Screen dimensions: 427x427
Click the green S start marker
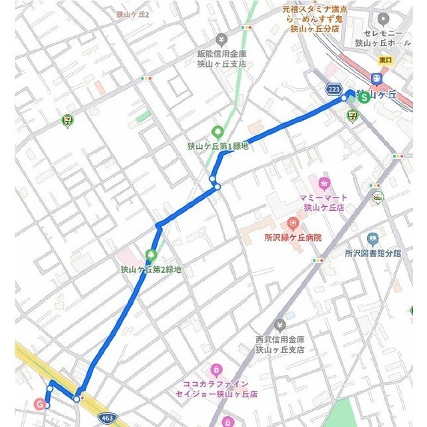[x=364, y=96]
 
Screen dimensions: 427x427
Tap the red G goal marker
[x=40, y=404]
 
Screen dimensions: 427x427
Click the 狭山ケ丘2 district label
[x=132, y=14]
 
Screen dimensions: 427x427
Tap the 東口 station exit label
[x=386, y=60]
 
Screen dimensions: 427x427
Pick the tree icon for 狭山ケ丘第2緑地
[x=151, y=255]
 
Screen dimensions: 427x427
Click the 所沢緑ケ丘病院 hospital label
[x=293, y=237]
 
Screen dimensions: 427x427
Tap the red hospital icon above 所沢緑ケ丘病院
[x=292, y=223]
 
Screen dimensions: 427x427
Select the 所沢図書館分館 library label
[x=373, y=253]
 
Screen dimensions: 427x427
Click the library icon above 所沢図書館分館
[x=372, y=238]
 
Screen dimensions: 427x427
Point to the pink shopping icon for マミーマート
[x=325, y=183]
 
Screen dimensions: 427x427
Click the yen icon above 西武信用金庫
[x=280, y=324]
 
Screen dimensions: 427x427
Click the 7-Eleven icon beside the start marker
[x=352, y=115]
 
